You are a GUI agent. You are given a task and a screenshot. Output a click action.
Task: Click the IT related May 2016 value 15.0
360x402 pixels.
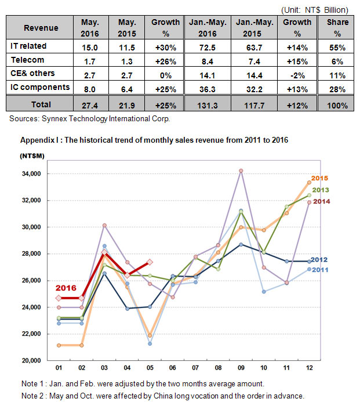point(90,48)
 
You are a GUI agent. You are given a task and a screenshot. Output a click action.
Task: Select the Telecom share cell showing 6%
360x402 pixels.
point(337,61)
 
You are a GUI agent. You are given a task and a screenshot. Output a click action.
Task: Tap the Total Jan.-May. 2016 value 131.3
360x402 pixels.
point(208,106)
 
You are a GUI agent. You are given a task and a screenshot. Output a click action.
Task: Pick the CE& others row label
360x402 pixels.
point(32,73)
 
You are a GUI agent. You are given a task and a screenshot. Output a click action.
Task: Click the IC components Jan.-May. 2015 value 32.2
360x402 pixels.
point(254,89)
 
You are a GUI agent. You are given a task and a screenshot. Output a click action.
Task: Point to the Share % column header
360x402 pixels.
point(337,28)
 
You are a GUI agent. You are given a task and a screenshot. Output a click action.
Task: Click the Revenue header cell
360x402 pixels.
point(41,28)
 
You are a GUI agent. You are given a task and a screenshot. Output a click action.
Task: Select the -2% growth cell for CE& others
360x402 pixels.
point(297,75)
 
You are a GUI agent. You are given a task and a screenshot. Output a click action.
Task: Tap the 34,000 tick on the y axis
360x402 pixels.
point(31,174)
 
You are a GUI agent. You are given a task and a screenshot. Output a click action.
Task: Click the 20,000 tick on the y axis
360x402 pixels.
point(31,360)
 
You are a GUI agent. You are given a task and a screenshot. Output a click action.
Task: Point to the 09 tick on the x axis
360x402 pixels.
point(241,368)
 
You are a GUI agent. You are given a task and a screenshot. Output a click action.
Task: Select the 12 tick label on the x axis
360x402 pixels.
point(309,368)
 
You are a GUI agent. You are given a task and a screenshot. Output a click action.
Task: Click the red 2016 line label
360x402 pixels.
point(66,288)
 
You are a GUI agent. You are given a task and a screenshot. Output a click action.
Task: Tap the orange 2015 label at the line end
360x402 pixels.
point(319,178)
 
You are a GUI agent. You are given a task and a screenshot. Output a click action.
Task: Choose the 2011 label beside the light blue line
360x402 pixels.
point(320,270)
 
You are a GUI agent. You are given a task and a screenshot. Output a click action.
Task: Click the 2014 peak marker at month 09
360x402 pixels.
point(241,171)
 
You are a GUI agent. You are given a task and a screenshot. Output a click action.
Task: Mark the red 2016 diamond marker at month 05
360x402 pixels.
point(150,262)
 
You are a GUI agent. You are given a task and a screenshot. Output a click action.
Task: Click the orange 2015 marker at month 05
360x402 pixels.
point(150,335)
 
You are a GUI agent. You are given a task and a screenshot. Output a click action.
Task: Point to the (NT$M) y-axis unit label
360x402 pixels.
point(32,156)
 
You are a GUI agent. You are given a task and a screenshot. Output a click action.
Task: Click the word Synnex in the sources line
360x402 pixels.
point(54,119)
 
